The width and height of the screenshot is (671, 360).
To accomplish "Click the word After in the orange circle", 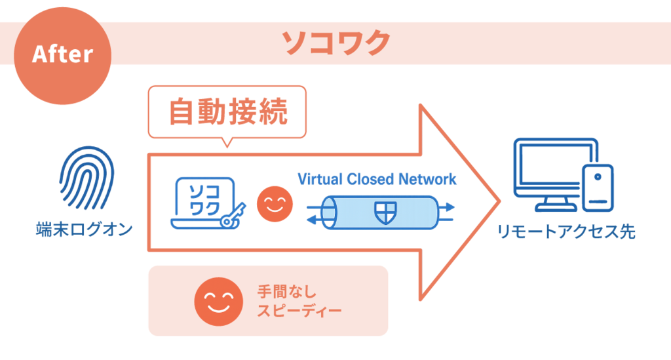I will click(x=63, y=54).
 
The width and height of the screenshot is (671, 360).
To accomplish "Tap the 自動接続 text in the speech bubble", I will click(x=227, y=112).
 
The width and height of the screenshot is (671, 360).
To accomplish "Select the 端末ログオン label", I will click(x=83, y=229).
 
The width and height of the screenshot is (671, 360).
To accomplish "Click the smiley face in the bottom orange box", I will click(x=219, y=301).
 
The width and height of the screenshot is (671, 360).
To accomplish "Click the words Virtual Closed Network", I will click(x=376, y=179).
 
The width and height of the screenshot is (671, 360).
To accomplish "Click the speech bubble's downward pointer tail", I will click(x=227, y=142).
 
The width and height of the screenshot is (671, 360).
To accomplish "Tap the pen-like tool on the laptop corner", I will click(x=231, y=217).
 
